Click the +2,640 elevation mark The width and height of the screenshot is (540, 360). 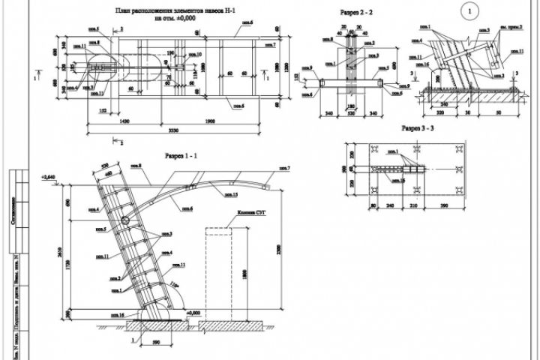click(48, 177)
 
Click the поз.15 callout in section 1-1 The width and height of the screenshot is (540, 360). click(233, 195)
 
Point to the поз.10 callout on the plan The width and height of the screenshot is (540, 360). click(196, 55)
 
